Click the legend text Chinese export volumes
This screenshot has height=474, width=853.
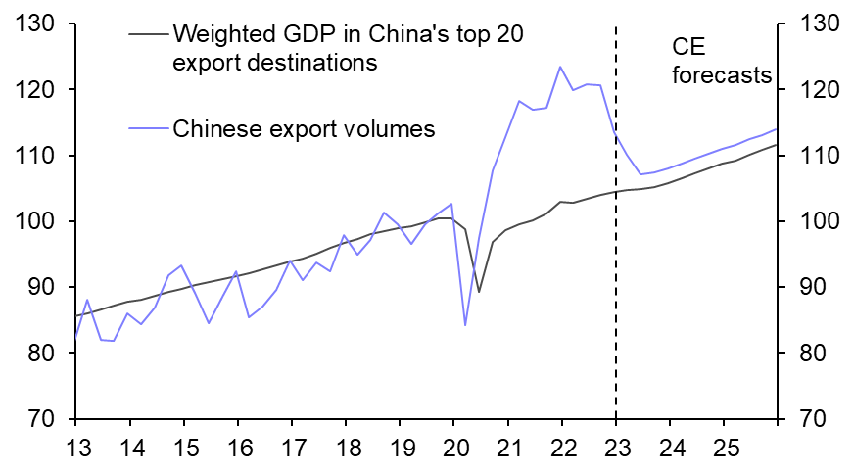click(x=304, y=128)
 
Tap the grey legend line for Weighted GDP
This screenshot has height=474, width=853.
click(x=147, y=34)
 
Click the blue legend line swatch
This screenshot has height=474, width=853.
click(x=147, y=128)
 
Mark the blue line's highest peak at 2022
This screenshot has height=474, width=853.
click(x=560, y=67)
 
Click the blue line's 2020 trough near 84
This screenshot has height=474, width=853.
click(x=465, y=324)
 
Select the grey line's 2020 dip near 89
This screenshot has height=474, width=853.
click(x=479, y=291)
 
